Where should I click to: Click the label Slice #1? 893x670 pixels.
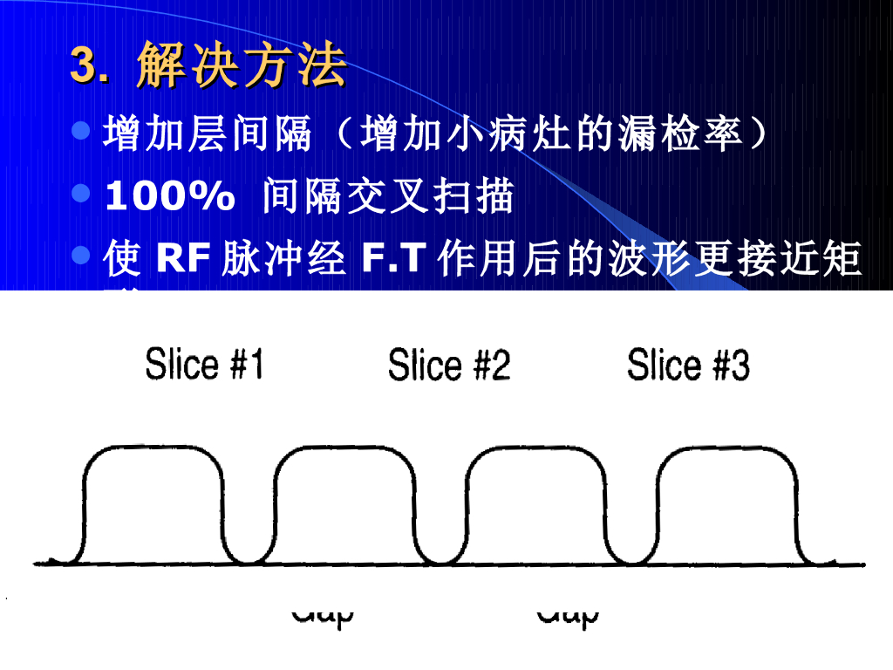tap(204, 365)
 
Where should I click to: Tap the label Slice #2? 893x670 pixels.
tap(448, 365)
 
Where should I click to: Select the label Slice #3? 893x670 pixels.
tap(688, 365)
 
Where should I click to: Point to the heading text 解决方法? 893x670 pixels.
tap(242, 66)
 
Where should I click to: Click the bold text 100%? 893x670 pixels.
tap(169, 198)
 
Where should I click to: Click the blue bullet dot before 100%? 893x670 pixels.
tap(81, 194)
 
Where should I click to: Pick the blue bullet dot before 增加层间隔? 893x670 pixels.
tap(81, 132)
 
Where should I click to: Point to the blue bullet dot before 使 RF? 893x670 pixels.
tap(81, 256)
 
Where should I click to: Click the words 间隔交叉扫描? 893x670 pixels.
tap(388, 198)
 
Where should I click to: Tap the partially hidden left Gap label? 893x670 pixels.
tap(323, 615)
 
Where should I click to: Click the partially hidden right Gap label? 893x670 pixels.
tap(568, 615)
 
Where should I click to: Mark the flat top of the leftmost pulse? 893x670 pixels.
tap(153, 448)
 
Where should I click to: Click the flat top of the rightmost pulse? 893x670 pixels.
tap(726, 448)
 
